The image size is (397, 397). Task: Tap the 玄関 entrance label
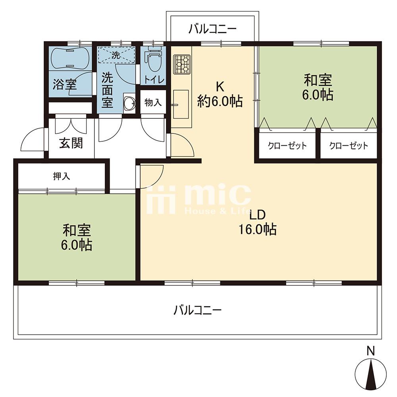tap(71, 144)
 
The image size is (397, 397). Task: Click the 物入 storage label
tap(153, 103)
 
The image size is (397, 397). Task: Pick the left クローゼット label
tap(287, 146)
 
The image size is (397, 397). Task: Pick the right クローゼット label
tap(349, 146)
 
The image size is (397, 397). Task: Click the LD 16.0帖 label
tap(258, 223)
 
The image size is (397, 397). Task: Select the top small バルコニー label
tap(213, 29)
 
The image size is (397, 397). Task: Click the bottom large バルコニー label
tap(197, 310)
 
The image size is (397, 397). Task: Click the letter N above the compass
tap(370, 351)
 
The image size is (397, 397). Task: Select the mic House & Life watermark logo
tap(198, 198)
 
